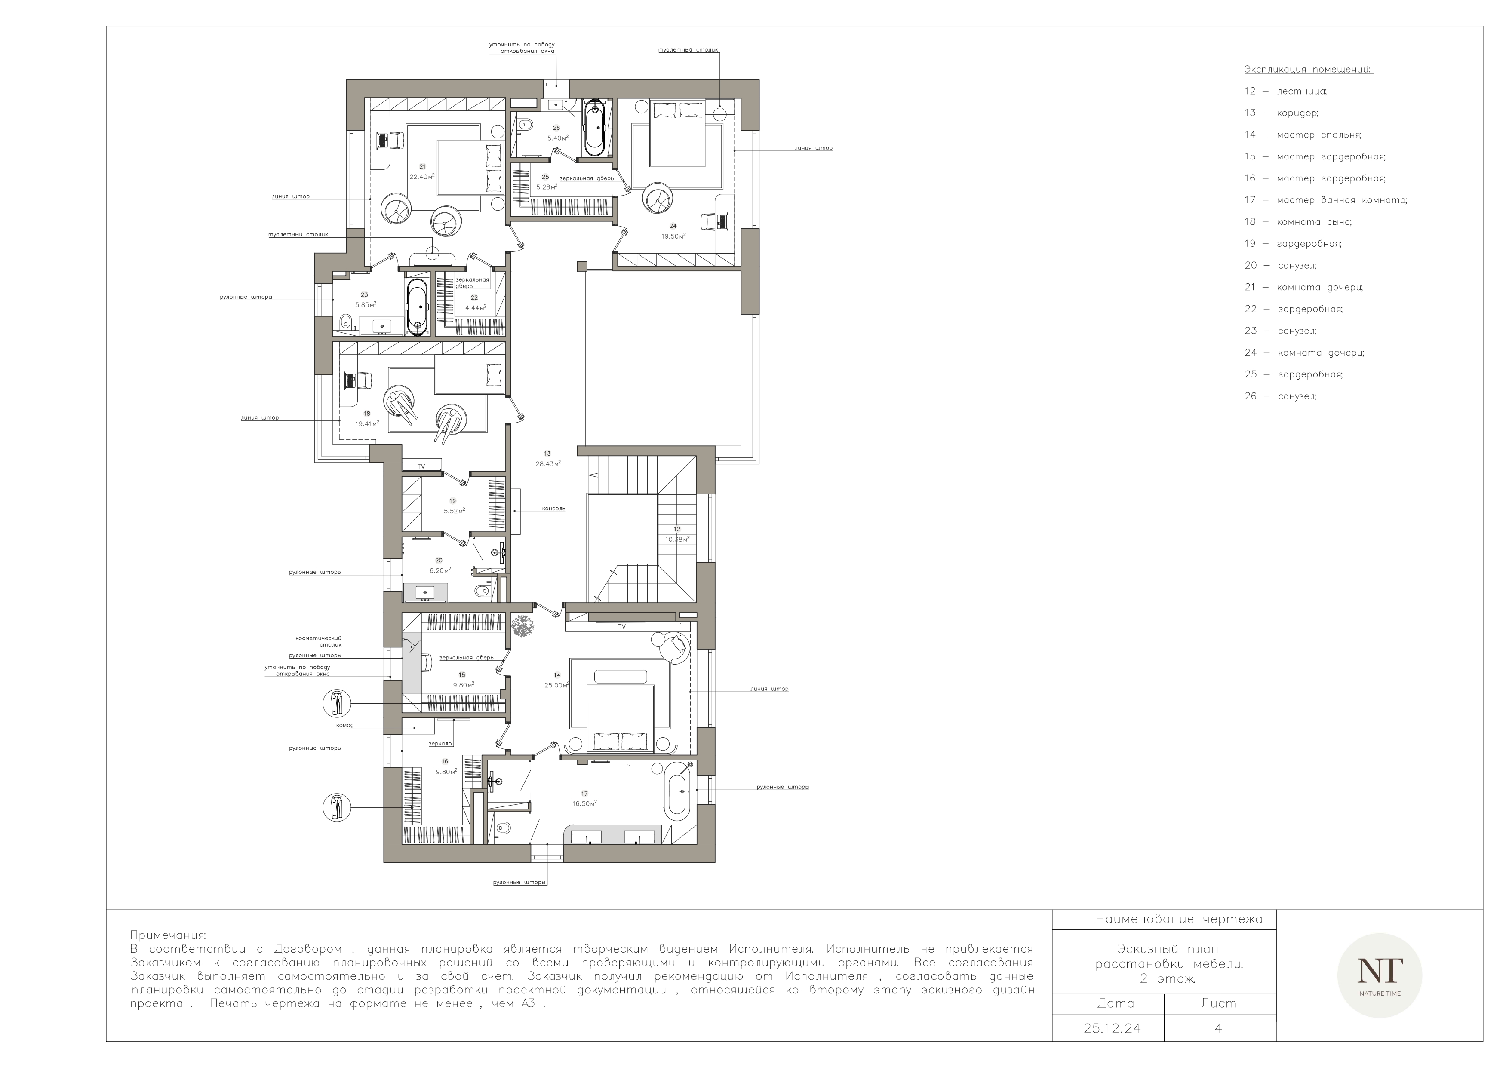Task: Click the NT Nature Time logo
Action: [1380, 976]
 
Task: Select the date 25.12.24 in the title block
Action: [1112, 1029]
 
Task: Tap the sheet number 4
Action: [1218, 1029]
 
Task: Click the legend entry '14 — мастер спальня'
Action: [1303, 135]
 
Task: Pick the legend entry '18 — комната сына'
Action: [1298, 222]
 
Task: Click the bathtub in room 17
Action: [678, 791]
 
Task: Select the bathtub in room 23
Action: [417, 306]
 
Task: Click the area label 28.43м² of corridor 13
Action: [548, 463]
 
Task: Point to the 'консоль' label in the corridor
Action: [554, 509]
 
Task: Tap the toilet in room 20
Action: [482, 591]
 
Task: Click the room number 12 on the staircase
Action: [677, 529]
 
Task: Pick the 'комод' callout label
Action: [345, 725]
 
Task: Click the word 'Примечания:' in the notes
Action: [168, 935]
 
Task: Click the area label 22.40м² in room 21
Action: [422, 177]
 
